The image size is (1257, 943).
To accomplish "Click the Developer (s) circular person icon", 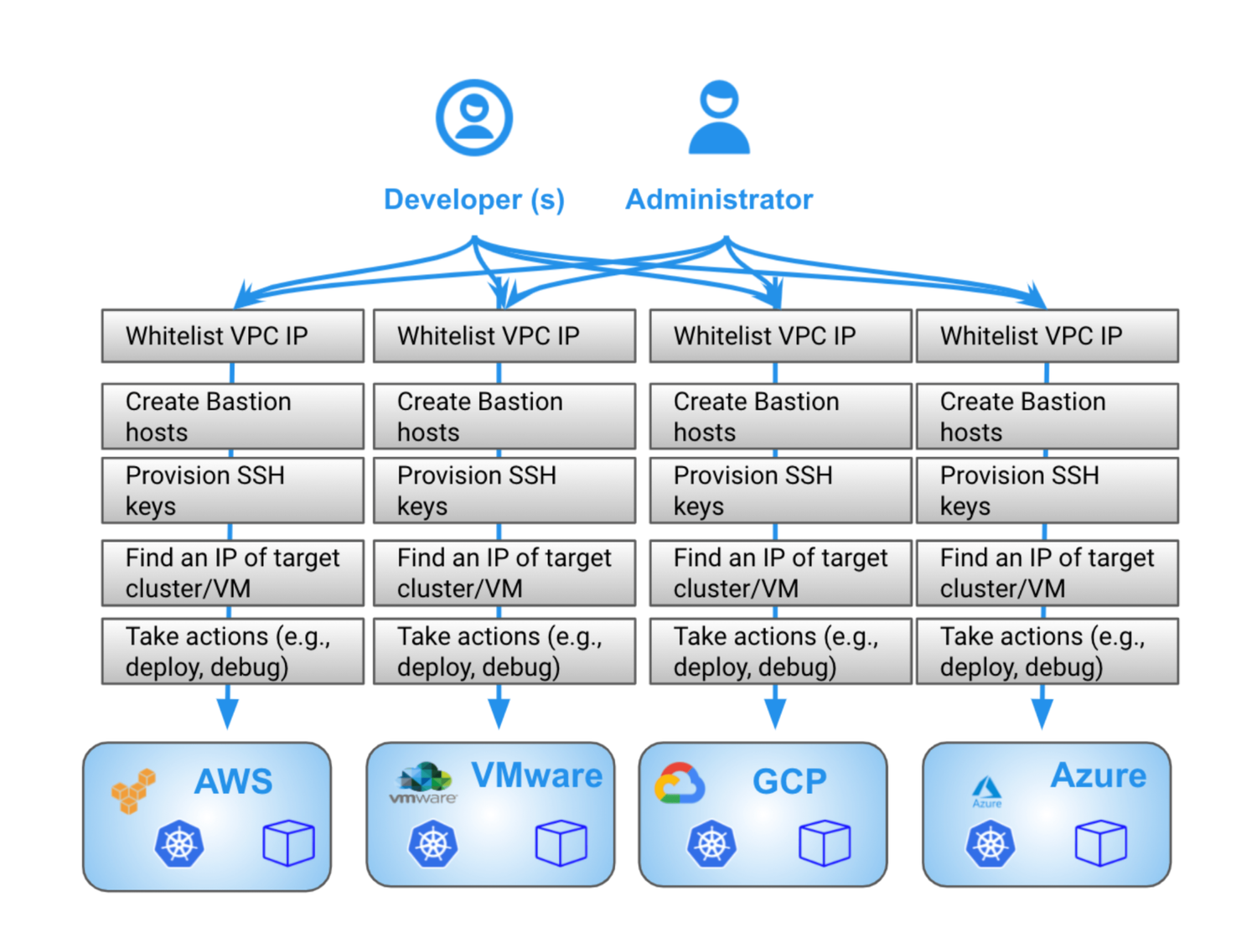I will [x=474, y=117].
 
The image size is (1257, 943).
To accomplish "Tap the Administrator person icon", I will [x=719, y=118].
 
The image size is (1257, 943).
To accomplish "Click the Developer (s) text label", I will [x=474, y=199].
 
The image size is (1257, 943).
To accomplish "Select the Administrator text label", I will [x=719, y=199].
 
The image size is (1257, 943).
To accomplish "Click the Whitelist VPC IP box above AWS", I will [x=232, y=336].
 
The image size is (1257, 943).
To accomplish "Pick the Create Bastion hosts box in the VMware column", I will [x=504, y=417].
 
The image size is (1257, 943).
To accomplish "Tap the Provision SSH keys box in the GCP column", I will [x=780, y=490].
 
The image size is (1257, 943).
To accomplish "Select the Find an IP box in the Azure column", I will [x=1047, y=573].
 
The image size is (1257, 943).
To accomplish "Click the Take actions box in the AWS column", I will [x=232, y=651].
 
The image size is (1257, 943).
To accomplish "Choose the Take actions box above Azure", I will [x=1047, y=651].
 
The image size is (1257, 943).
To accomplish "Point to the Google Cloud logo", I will [x=680, y=784].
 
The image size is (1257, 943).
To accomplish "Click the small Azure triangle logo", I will [x=986, y=790].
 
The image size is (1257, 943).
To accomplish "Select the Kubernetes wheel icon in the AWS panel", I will [x=179, y=843].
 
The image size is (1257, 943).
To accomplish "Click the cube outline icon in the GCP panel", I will [x=825, y=842].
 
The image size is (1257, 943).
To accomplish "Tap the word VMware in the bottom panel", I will [x=536, y=775].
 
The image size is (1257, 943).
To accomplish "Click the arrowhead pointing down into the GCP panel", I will [x=775, y=712].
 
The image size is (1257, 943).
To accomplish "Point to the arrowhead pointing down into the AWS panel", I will [x=227, y=712].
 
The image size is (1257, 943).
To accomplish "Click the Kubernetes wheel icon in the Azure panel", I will [x=990, y=843].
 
